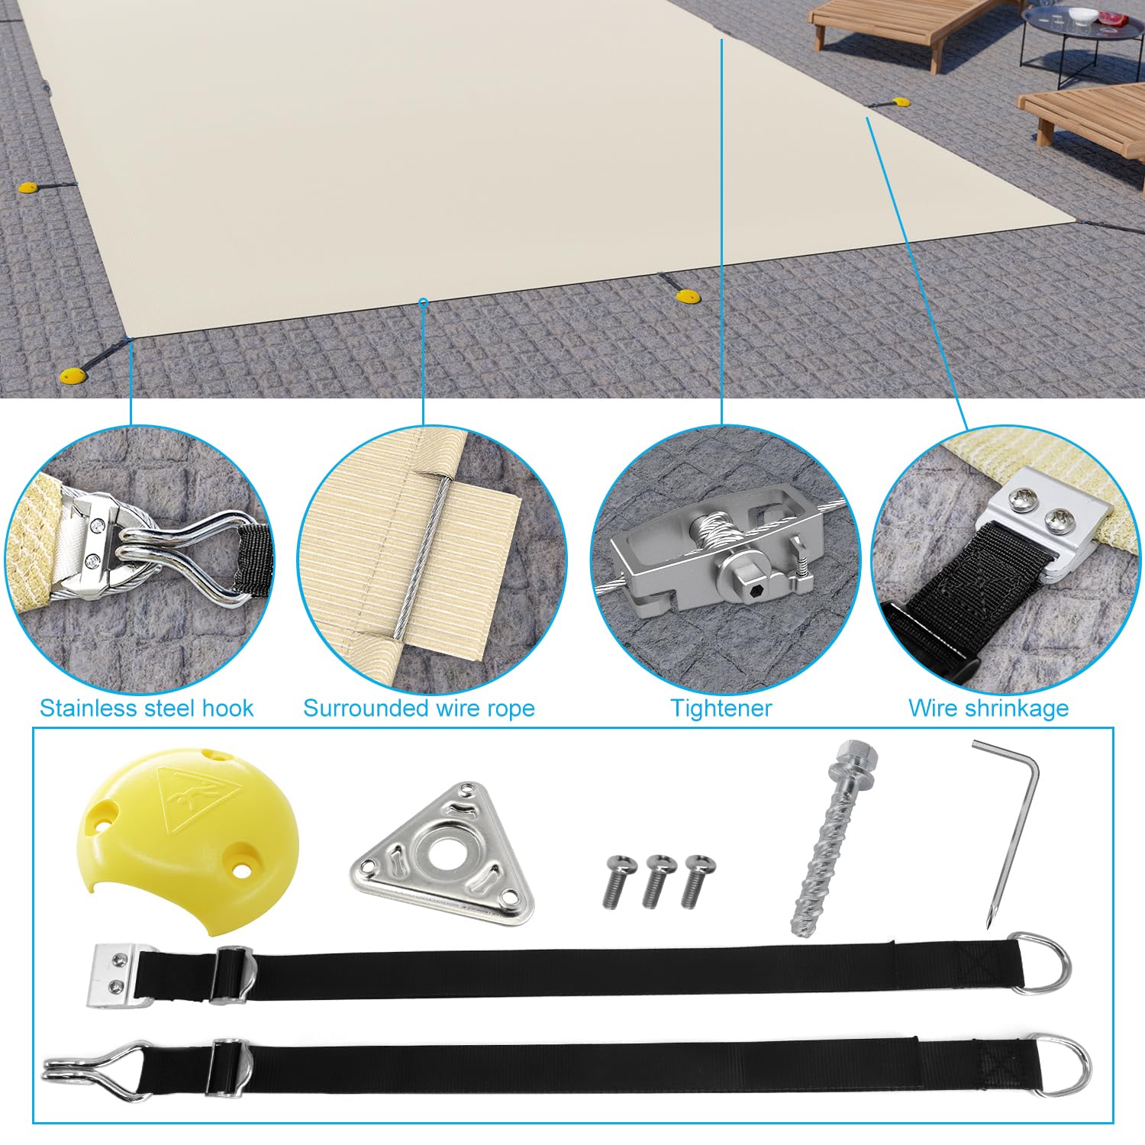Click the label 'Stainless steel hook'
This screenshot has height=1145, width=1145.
[147, 708]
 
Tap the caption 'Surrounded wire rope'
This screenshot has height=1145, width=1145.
[419, 708]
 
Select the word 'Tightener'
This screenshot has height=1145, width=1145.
[721, 708]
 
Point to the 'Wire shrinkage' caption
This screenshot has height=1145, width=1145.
[989, 708]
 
